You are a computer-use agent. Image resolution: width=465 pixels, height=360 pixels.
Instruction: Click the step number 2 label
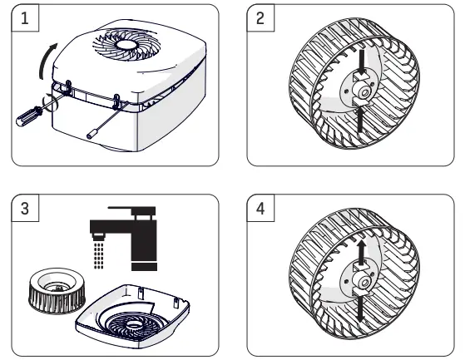pyautogui.click(x=260, y=17)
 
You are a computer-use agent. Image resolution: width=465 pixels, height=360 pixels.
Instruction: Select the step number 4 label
pyautogui.click(x=260, y=210)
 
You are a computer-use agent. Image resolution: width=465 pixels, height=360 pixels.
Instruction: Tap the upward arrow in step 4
pyautogui.click(x=359, y=253)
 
